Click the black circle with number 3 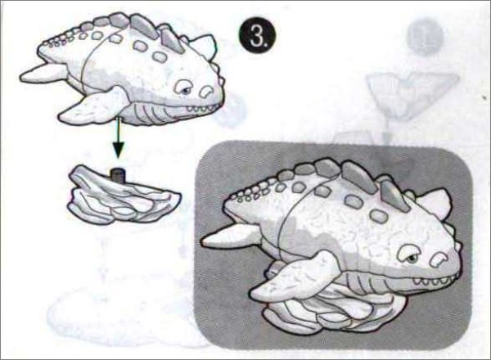pos(257,37)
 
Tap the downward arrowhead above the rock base pos(119,150)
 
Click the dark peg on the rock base pos(118,175)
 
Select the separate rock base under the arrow pos(124,195)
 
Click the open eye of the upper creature pos(184,87)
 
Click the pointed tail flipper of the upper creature pos(43,74)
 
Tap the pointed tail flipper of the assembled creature pos(231,236)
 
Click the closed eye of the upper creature pos(206,91)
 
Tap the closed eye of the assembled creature pos(439,259)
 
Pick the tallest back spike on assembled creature pos(359,177)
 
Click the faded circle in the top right pos(426,37)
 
